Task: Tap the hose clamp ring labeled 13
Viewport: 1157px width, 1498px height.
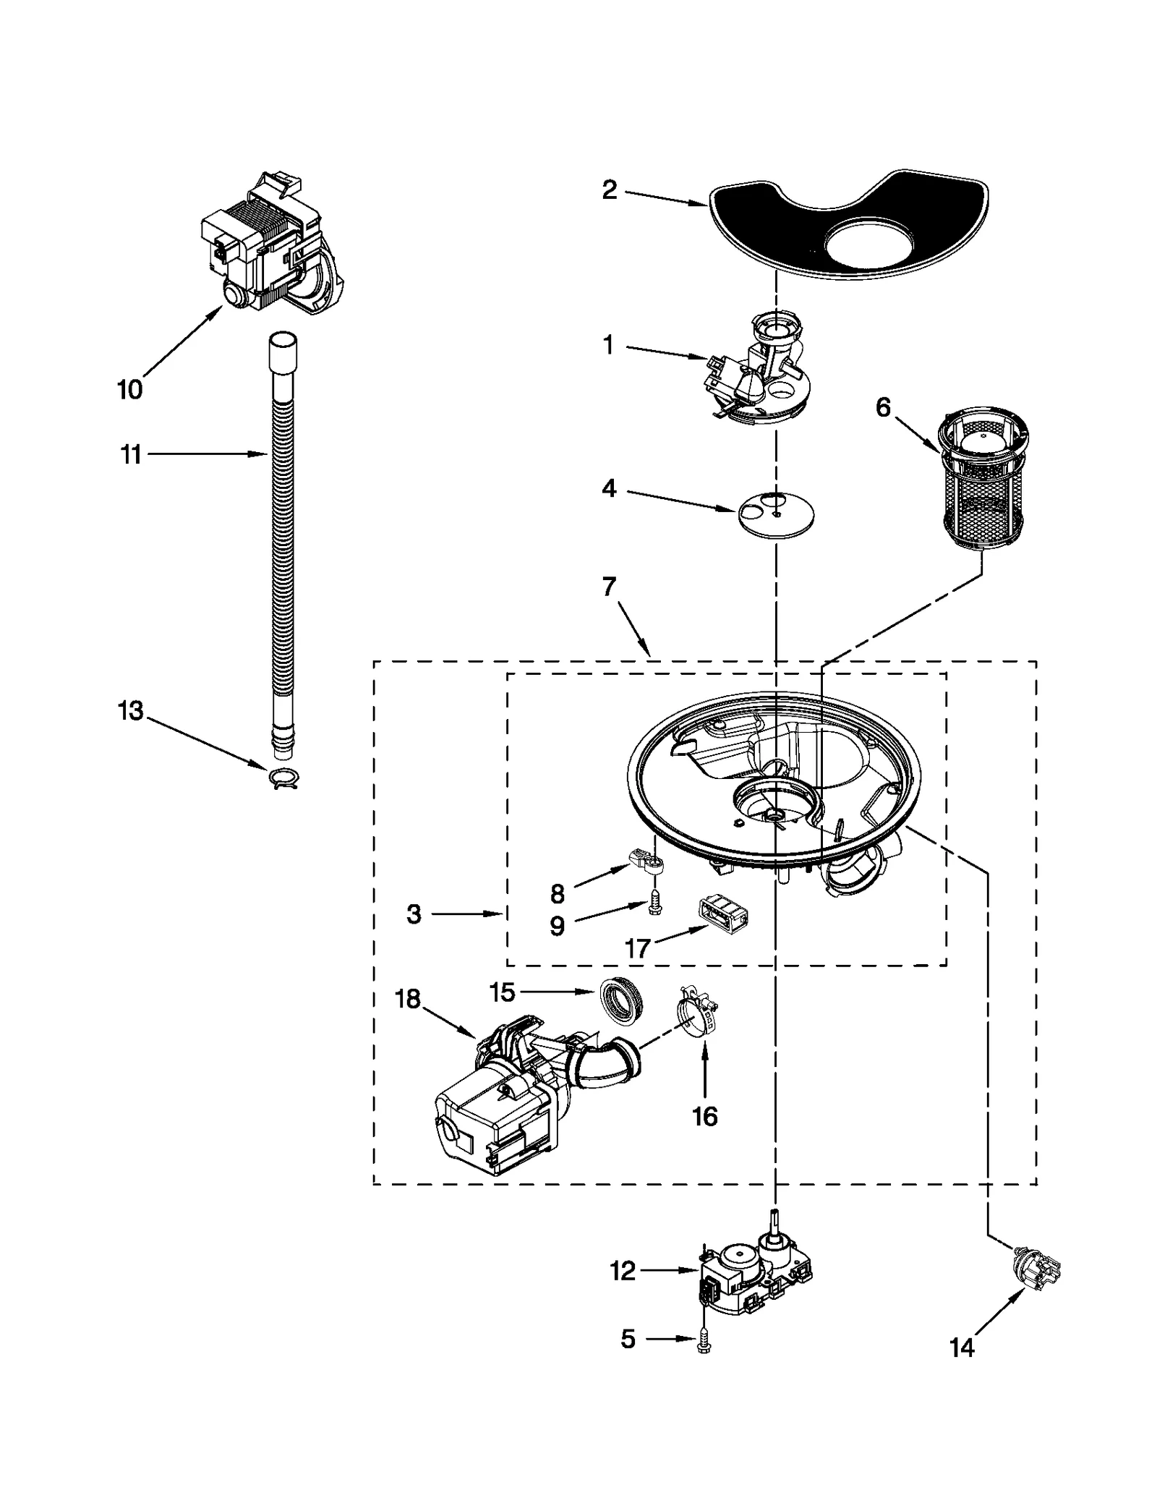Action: (283, 778)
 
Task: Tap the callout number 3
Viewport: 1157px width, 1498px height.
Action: (414, 914)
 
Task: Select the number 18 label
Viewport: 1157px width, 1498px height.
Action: (408, 999)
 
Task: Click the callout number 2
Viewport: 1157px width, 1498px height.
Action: (610, 190)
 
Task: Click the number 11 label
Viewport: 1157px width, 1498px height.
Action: (130, 455)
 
